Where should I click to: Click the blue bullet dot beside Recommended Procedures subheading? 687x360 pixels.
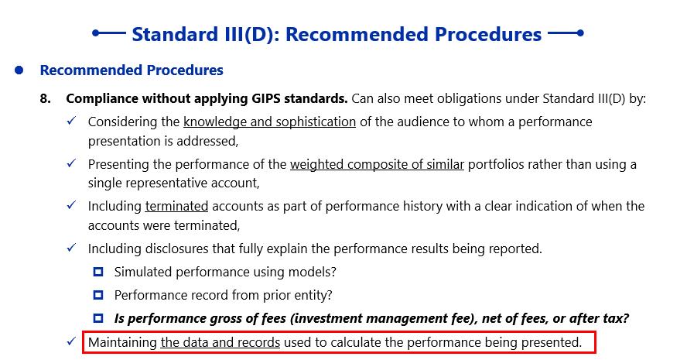pos(19,70)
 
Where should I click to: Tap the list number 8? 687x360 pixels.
pos(45,98)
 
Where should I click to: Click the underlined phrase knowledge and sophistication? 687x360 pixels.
pos(269,122)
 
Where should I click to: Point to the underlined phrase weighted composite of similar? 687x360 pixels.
pos(377,164)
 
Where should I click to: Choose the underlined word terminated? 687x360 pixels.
pos(176,206)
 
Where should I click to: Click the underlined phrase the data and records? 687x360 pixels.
pos(220,342)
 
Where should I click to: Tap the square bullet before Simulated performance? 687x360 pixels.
pos(98,272)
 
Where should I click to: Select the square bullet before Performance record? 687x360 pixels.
pos(98,295)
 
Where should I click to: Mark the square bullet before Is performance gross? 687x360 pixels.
pos(98,318)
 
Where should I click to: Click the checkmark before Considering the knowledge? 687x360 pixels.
pos(71,121)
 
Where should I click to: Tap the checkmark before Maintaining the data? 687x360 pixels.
pos(71,341)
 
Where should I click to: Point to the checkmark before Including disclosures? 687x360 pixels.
pos(71,248)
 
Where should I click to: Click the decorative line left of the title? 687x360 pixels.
pos(109,33)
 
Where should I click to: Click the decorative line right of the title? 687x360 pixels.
pos(566,33)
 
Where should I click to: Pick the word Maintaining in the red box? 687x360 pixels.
pos(122,342)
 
